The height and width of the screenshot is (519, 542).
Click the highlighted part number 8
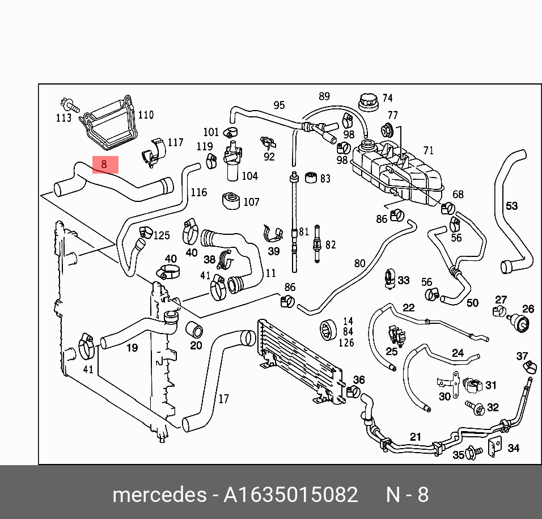pyautogui.click(x=105, y=164)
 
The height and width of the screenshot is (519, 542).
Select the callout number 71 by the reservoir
pyautogui.click(x=428, y=150)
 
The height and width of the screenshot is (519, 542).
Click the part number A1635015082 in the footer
pyautogui.click(x=291, y=495)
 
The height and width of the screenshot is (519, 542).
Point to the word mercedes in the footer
pyautogui.click(x=159, y=495)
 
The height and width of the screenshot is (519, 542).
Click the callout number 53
pyautogui.click(x=511, y=205)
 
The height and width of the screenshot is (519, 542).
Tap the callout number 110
pyautogui.click(x=146, y=115)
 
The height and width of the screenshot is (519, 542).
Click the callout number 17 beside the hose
pyautogui.click(x=223, y=399)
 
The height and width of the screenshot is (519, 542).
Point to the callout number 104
pyautogui.click(x=249, y=176)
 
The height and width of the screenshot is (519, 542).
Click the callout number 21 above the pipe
pyautogui.click(x=416, y=437)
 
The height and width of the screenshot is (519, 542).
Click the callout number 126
pyautogui.click(x=346, y=343)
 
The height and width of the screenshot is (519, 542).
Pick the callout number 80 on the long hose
pyautogui.click(x=359, y=263)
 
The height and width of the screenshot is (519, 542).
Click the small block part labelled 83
pyautogui.click(x=310, y=178)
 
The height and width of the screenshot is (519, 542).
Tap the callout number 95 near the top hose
pyautogui.click(x=279, y=106)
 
